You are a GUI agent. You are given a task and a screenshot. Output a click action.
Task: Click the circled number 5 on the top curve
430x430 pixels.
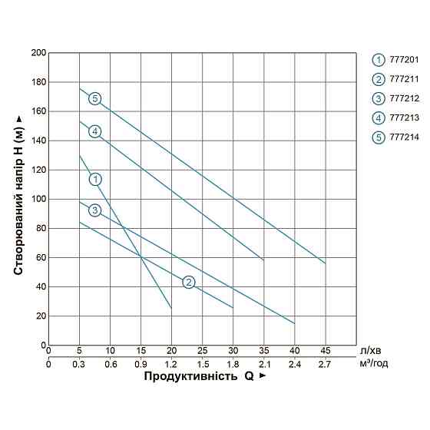pos(94,98)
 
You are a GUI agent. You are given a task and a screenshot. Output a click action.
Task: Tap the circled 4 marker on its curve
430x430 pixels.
pos(94,131)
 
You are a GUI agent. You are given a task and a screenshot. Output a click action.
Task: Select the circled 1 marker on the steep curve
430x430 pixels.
pos(95,179)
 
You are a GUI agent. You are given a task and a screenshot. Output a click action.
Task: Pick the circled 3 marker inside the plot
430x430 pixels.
pos(94,210)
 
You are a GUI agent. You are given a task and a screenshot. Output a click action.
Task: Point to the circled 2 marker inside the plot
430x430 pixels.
pos(189,282)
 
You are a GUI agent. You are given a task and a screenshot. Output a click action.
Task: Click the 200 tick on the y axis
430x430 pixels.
pos(38,53)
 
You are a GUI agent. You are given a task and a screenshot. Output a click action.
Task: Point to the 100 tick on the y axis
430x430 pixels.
pos(38,199)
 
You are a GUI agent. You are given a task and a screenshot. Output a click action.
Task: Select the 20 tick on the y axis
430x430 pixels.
pos(40,316)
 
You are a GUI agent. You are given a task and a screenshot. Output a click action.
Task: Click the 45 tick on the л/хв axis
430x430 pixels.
pos(325,352)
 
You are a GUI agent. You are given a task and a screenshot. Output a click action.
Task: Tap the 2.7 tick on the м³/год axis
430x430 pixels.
pos(325,364)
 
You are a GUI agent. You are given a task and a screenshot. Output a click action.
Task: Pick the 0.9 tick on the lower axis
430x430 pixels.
pos(141,364)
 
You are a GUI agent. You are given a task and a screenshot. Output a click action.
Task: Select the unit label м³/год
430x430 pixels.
pos(374,364)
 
